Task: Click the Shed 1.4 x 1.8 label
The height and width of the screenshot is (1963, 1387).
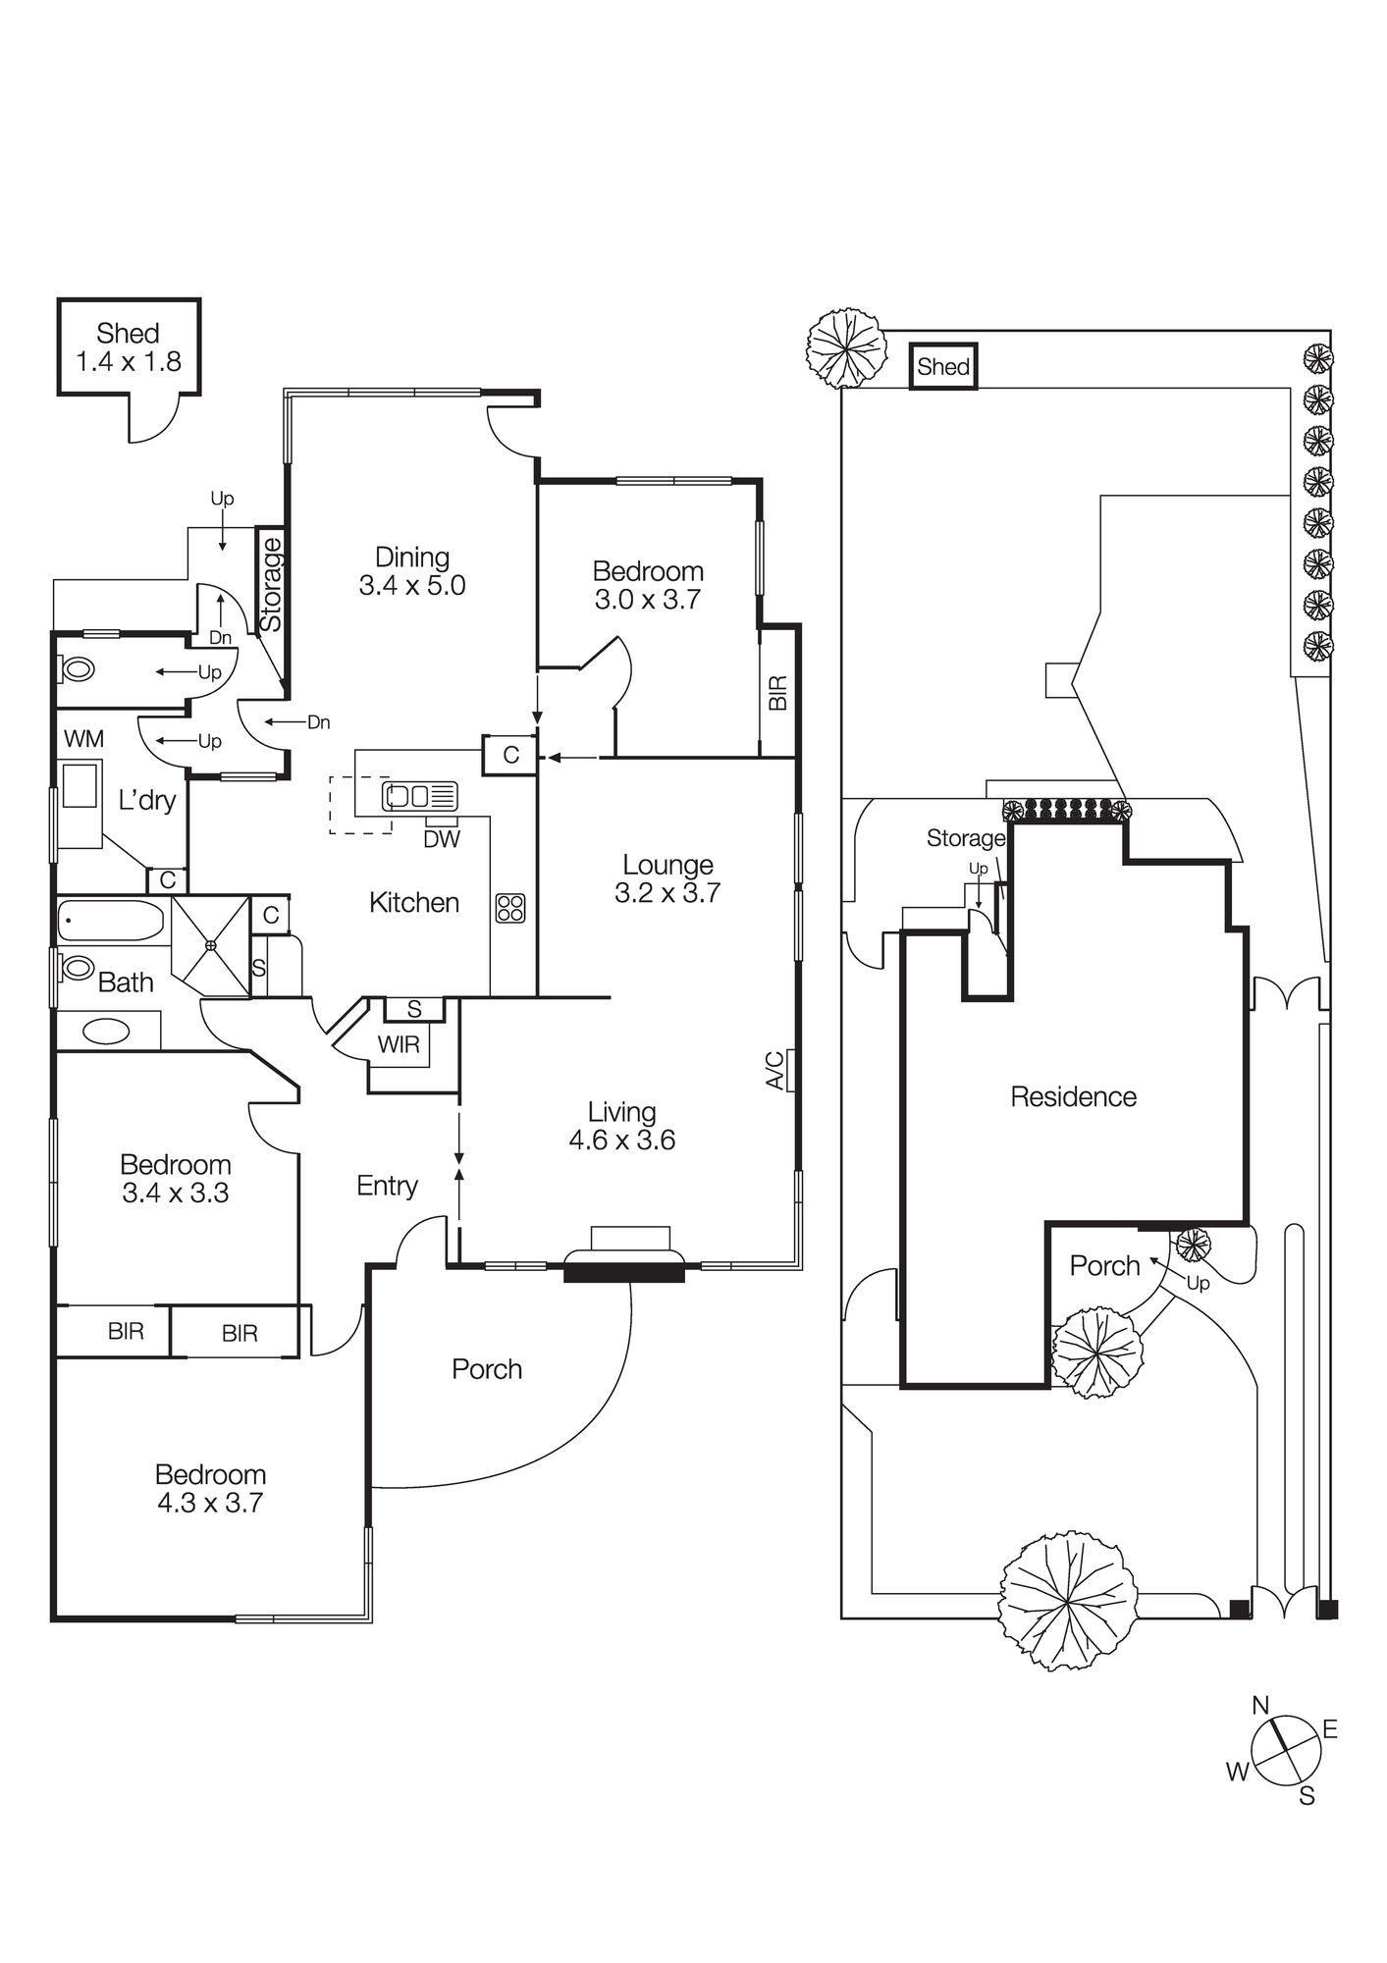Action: point(129,347)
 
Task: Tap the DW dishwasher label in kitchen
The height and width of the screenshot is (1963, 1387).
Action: point(442,838)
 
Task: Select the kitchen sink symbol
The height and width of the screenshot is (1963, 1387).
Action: point(420,795)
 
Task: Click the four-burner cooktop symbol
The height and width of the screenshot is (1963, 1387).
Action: point(510,907)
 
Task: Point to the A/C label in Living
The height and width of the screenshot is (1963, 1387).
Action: point(774,1070)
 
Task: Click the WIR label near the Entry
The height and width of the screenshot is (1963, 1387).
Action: point(399,1044)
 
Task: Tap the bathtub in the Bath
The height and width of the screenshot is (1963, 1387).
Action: point(110,921)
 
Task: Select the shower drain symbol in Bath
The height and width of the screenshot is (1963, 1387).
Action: point(210,945)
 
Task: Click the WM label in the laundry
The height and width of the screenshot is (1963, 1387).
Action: point(83,738)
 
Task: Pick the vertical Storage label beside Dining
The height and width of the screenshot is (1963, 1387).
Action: point(270,585)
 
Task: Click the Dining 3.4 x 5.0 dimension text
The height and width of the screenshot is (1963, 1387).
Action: point(412,586)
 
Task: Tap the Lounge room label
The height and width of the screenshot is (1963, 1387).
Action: point(667,865)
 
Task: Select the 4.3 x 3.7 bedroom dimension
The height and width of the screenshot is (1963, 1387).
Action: point(210,1503)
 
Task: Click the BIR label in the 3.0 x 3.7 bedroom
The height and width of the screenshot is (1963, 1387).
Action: point(777,693)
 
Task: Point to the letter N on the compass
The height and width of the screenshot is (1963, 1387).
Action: point(1260,1706)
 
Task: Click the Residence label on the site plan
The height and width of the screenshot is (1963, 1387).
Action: point(1073,1096)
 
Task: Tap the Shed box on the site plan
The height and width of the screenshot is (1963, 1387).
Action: point(943,366)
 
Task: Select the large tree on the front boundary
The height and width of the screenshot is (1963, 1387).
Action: point(1068,1602)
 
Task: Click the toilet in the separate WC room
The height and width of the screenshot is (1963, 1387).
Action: point(78,669)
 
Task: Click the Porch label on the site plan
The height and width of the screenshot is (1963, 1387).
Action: point(1104,1266)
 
